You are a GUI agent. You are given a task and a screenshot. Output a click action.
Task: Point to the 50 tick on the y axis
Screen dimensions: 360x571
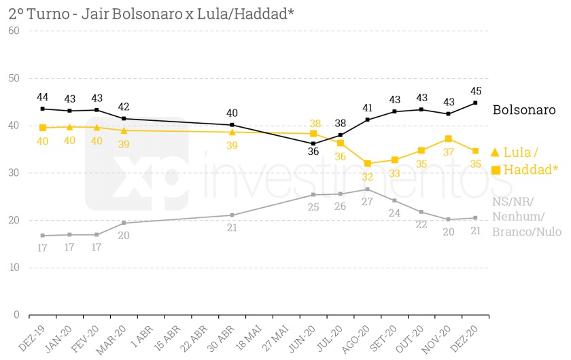pos(12,78)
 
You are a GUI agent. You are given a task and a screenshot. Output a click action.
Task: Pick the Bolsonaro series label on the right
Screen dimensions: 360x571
pos(524,109)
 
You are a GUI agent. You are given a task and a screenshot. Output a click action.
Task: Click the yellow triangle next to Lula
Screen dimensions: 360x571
pos(495,152)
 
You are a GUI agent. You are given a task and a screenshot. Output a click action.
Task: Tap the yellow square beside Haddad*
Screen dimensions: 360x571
pos(496,170)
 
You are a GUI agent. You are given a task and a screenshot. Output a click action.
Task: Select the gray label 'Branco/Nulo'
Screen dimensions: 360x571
pos(527,232)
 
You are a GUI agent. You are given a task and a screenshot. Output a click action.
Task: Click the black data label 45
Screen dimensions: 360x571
pos(475,91)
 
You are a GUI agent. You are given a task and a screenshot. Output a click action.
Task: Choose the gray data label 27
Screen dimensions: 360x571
pos(368,202)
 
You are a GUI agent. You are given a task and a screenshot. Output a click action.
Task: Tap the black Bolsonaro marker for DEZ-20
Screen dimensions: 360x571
pos(475,103)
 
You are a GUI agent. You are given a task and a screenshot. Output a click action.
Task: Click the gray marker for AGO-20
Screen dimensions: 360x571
pos(368,189)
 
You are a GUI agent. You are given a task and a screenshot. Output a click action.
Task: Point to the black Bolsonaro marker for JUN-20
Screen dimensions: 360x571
pos(313,143)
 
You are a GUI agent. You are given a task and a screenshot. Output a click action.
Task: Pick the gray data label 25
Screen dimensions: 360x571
pos(313,206)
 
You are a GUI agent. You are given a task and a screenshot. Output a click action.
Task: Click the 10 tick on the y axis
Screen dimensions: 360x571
pos(12,268)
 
